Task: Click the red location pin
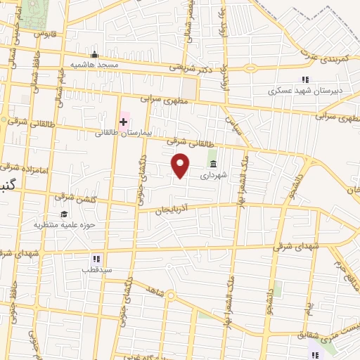point(181,165)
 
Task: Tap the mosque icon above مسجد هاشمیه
point(94,54)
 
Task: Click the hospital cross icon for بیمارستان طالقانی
point(124,122)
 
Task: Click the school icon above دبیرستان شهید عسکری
point(305,79)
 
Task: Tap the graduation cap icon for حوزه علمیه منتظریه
point(64,214)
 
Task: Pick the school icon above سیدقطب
point(96,259)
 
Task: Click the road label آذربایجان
point(171,210)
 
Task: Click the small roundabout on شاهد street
point(169,295)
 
